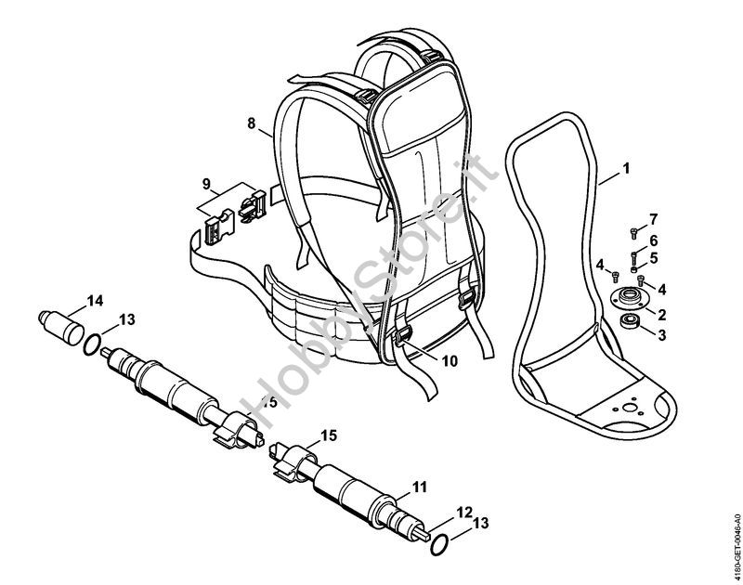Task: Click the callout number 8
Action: pos(251,123)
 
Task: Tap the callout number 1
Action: pos(626,168)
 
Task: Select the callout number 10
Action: pos(450,361)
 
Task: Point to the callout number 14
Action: pos(95,301)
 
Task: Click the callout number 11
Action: pos(420,487)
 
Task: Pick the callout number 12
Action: pos(465,512)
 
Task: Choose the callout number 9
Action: pos(206,184)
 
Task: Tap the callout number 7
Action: pos(654,219)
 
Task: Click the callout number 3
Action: pos(661,335)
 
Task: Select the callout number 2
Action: pos(662,314)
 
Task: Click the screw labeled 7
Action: pos(634,232)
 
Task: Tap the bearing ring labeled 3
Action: pos(631,320)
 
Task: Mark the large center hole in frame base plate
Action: pos(630,408)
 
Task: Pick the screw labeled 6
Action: pos(634,258)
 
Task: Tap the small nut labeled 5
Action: pos(633,269)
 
